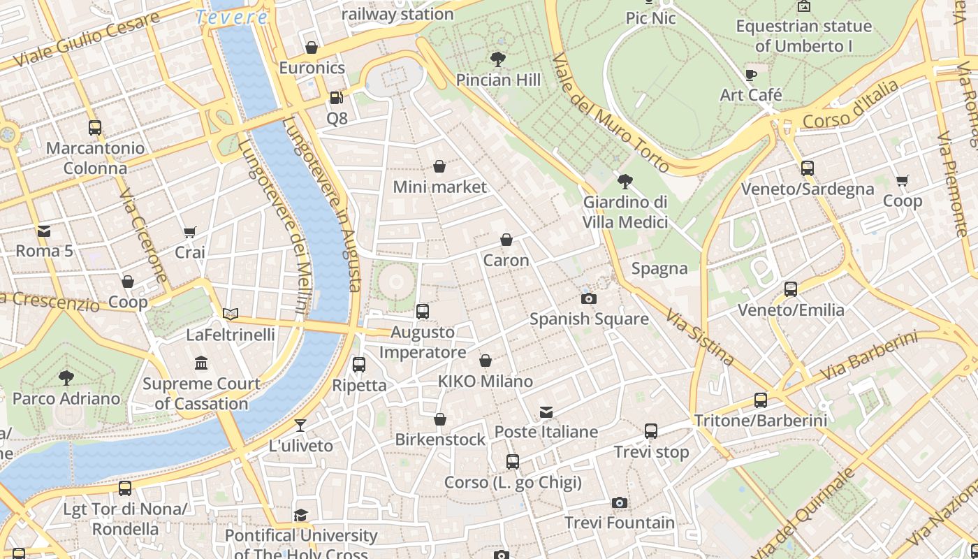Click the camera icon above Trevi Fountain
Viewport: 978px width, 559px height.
click(x=619, y=502)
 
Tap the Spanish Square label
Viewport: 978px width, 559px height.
click(x=589, y=319)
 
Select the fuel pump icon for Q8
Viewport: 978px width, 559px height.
click(x=336, y=98)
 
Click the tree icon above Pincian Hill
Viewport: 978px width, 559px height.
click(x=498, y=59)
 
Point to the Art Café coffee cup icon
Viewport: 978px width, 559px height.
click(x=751, y=75)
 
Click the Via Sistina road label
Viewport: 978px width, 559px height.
click(x=700, y=338)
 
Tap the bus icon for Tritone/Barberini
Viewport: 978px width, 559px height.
click(x=761, y=400)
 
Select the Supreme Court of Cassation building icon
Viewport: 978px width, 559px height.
click(x=202, y=363)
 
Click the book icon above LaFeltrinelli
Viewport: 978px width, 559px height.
click(x=231, y=314)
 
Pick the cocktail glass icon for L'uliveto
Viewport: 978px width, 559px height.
click(x=300, y=425)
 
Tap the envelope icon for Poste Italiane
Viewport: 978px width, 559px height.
click(x=546, y=412)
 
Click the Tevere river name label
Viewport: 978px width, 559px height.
click(x=231, y=17)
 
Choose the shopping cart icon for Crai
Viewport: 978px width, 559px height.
click(x=189, y=232)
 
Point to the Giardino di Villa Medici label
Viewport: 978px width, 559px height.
click(x=625, y=212)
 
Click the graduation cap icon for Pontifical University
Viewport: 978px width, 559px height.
click(x=300, y=515)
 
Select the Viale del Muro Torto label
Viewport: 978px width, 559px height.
click(x=602, y=112)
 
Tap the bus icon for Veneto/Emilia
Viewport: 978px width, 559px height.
click(x=791, y=289)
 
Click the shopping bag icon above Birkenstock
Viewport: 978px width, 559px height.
click(x=439, y=419)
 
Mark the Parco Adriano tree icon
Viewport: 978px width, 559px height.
click(x=66, y=378)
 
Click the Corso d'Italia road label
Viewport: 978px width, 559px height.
click(x=850, y=106)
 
